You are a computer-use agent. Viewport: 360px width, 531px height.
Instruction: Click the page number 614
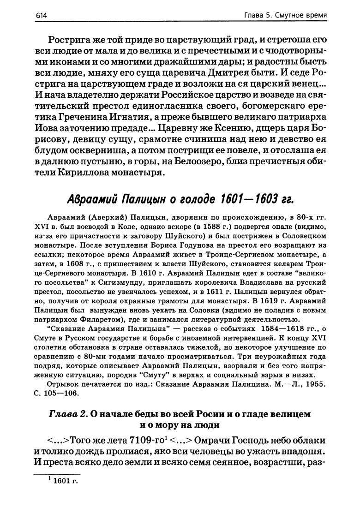tap(42, 15)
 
